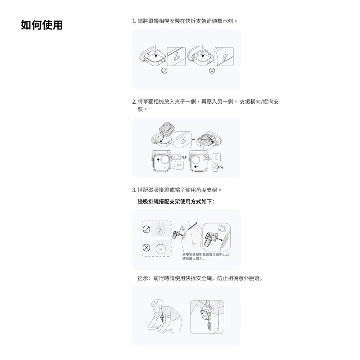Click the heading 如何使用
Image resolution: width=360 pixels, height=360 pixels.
42,25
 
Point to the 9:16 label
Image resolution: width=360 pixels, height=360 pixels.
220,167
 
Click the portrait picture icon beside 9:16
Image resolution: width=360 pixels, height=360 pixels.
215,167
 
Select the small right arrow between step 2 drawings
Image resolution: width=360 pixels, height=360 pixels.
194,139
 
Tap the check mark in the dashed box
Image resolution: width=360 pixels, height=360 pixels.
147,229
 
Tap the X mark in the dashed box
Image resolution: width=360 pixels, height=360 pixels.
147,248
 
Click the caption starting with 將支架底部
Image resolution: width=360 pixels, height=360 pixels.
206,256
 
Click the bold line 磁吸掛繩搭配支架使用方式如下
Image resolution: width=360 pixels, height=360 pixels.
176,201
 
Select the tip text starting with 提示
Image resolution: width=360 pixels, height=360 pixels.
200,278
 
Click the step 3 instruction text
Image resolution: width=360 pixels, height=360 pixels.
176,189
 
